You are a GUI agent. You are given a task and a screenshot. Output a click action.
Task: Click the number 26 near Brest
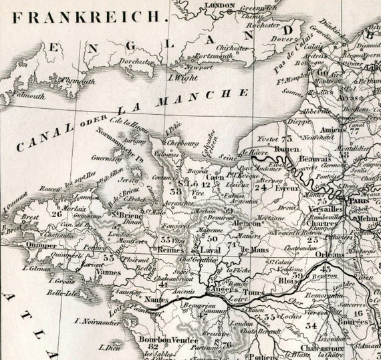point(56,214)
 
